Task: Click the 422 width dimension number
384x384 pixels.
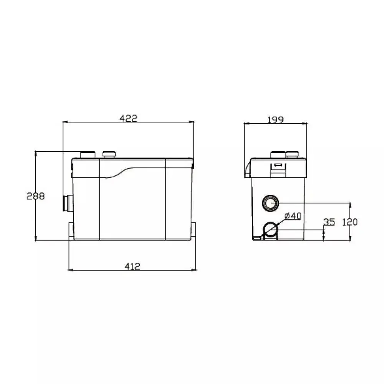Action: pyautogui.click(x=129, y=118)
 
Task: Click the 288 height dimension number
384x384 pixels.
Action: pyautogui.click(x=36, y=196)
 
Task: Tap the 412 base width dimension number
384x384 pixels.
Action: pyautogui.click(x=132, y=266)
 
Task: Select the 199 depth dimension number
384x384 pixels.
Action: pyautogui.click(x=275, y=120)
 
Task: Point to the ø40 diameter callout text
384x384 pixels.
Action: pyautogui.click(x=293, y=216)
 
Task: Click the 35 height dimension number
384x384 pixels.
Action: pyautogui.click(x=329, y=222)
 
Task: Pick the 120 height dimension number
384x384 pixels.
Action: pyautogui.click(x=350, y=222)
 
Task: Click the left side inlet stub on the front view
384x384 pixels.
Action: pyautogui.click(x=68, y=203)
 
